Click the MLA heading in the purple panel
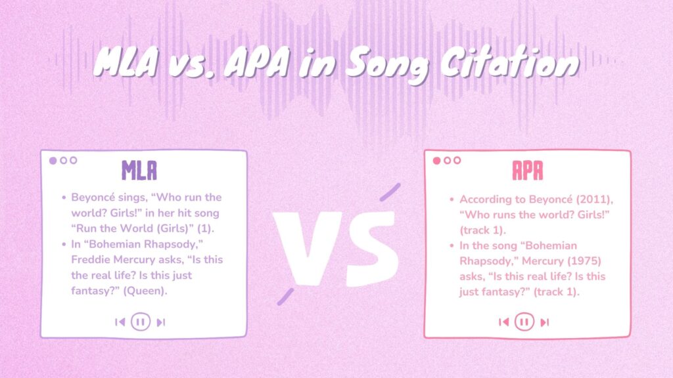pos(139,171)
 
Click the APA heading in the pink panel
pos(528,171)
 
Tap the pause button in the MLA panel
pos(140,322)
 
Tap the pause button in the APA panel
pos(524,322)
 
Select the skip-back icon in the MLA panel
pos(120,322)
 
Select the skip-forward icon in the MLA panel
pos(161,322)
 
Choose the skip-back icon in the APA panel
pos(503,322)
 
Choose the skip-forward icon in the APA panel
pos(545,322)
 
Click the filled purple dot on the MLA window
pos(53,160)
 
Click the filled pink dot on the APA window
pos(437,160)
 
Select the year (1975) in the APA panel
pos(578,260)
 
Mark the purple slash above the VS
pos(390,191)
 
